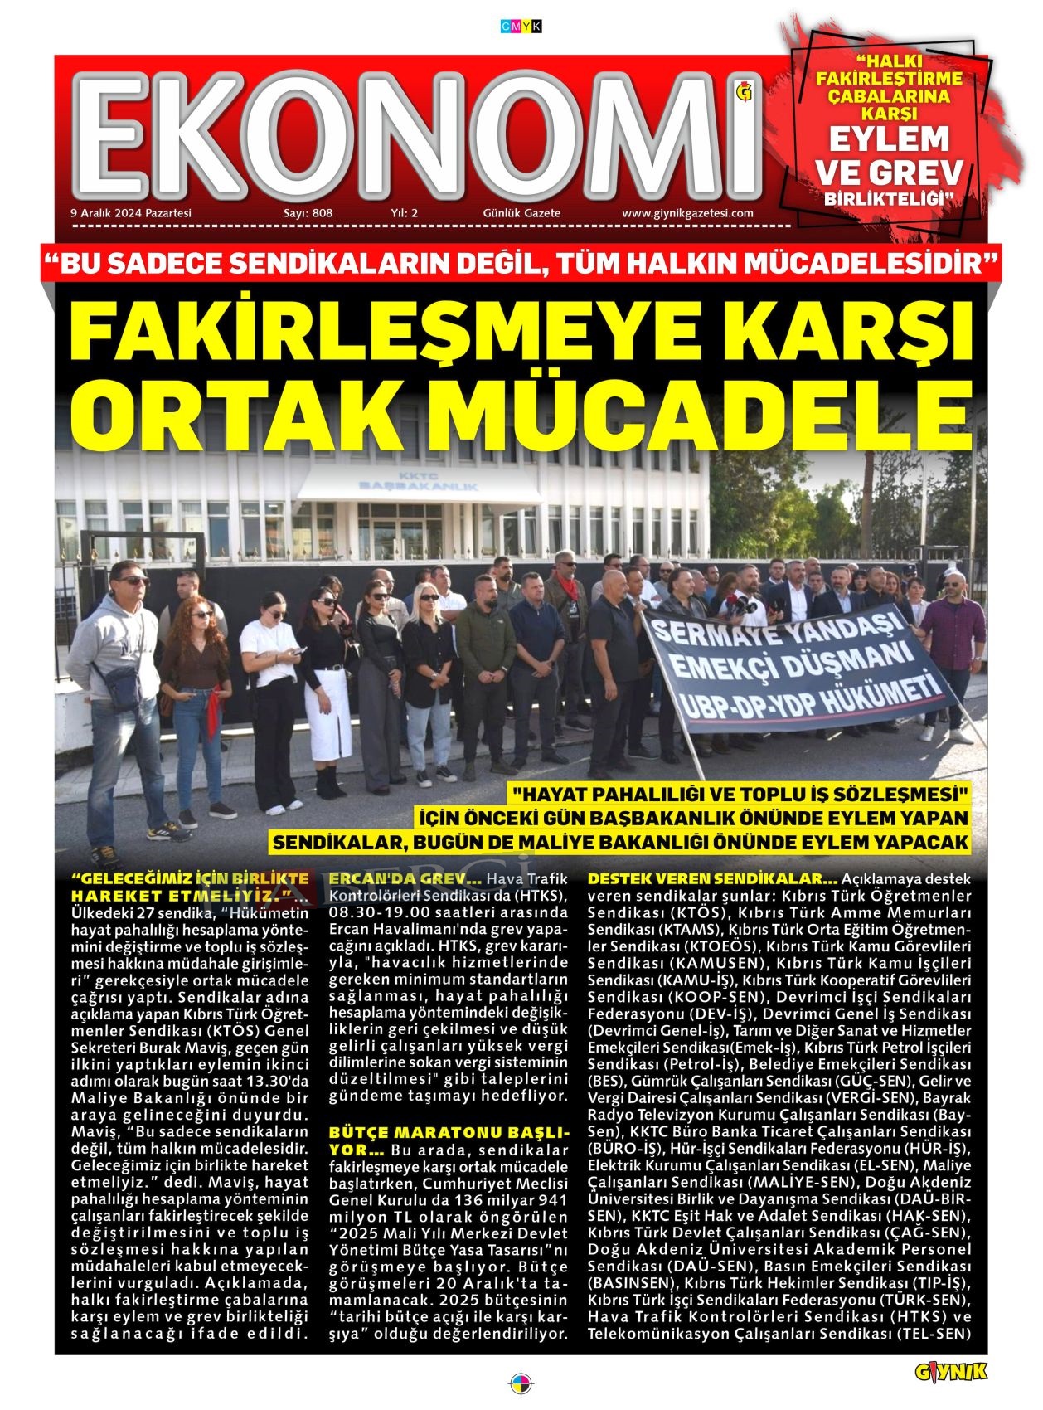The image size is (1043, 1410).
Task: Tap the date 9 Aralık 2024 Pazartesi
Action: coord(131,213)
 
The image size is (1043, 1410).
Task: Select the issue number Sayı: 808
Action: coord(308,213)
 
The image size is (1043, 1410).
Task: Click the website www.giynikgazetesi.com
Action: coord(687,213)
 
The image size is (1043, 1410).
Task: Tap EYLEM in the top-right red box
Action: coord(889,139)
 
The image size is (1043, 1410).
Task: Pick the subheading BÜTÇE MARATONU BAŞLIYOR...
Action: coord(448,1140)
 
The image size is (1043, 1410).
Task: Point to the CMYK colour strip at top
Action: coord(521,27)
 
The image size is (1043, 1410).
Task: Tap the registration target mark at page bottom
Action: coord(521,1383)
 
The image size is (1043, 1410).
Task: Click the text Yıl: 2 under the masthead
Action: coord(404,213)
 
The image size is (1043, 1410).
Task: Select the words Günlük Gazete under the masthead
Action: coord(521,213)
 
